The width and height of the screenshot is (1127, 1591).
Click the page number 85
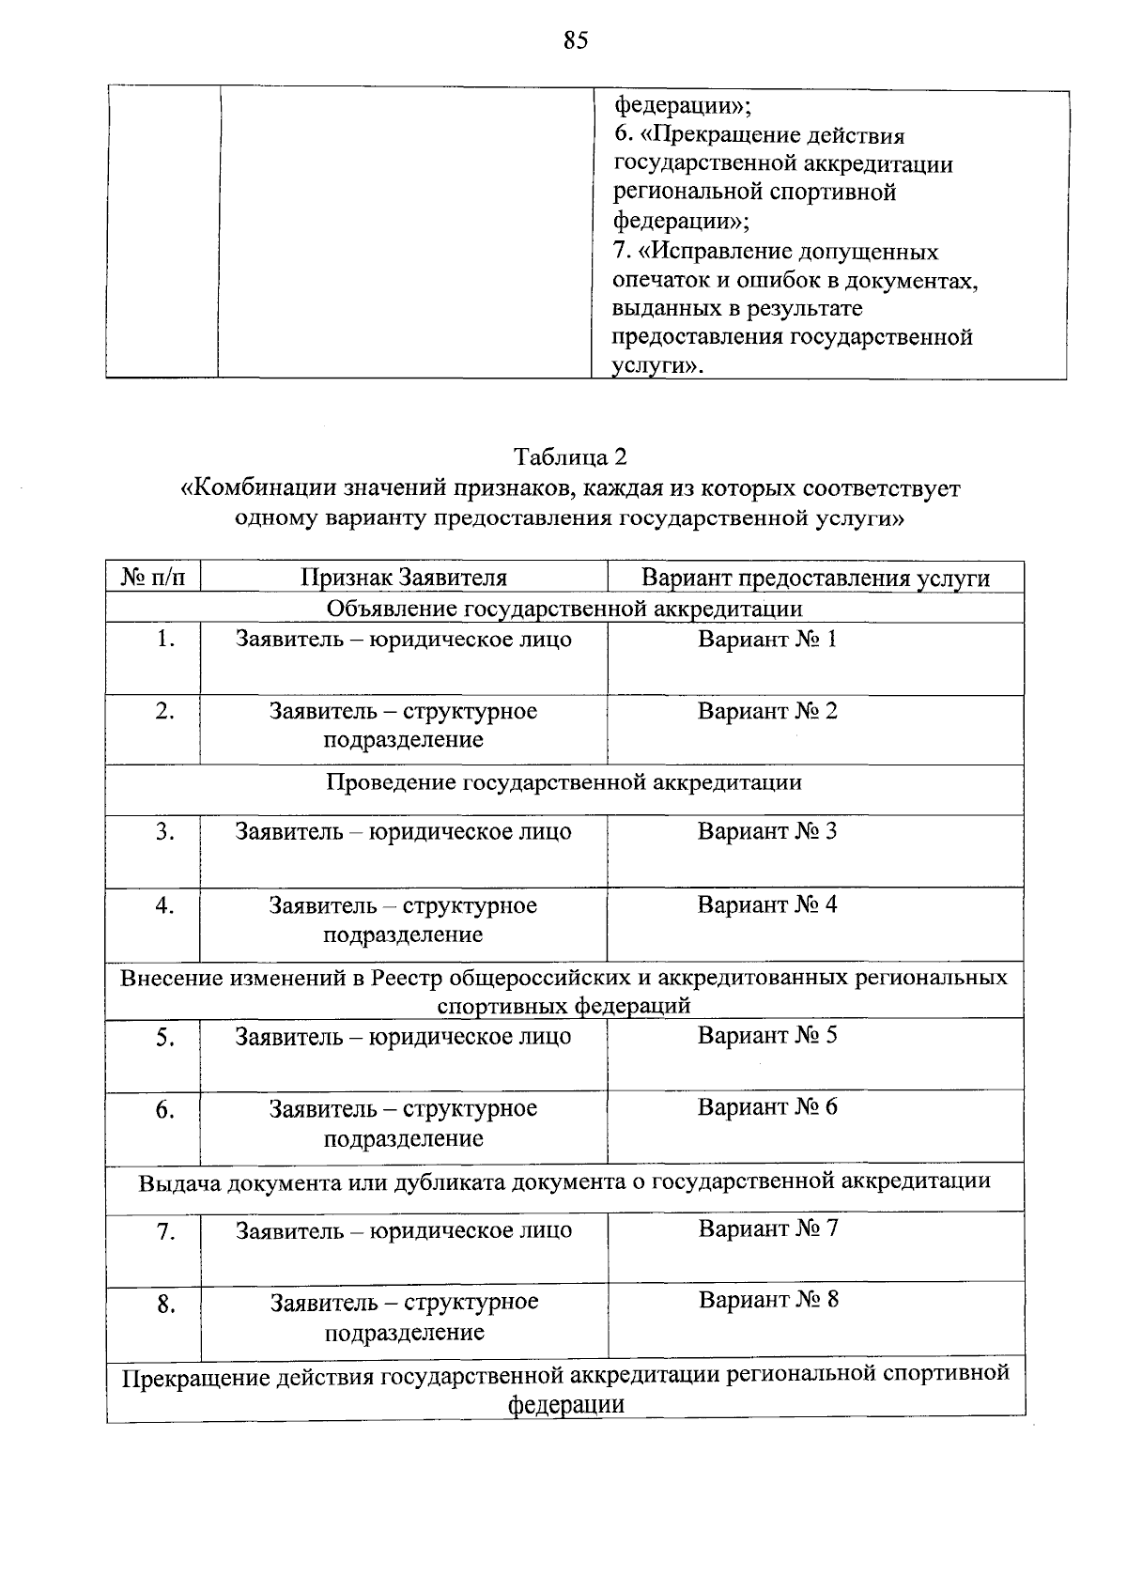tap(576, 40)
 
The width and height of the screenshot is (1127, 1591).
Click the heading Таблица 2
tap(570, 457)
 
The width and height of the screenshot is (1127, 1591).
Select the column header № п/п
tap(153, 577)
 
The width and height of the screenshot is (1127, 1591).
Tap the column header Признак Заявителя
tap(404, 577)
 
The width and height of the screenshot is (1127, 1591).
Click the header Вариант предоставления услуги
tap(815, 577)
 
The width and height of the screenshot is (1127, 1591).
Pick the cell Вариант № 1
tap(766, 640)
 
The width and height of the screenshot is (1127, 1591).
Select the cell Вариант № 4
tap(766, 904)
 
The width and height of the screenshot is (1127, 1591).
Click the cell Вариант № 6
tap(766, 1106)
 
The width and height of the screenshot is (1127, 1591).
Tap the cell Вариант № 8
tap(768, 1300)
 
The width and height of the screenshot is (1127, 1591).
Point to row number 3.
tap(165, 831)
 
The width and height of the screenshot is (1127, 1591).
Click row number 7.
tap(165, 1231)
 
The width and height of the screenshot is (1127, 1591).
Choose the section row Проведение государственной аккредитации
tap(563, 782)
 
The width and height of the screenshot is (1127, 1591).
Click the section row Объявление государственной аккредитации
tap(563, 609)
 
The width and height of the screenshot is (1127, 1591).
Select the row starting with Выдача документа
tap(563, 1181)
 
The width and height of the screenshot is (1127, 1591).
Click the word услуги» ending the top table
tap(656, 366)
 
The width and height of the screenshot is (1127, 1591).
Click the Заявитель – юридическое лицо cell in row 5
tap(403, 1037)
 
